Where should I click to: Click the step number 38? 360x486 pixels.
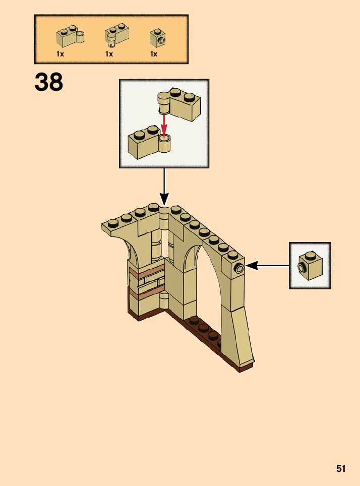49,82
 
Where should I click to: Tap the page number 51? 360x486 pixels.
341,468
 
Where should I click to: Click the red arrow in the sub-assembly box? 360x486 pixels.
163,123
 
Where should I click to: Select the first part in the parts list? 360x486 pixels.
69,36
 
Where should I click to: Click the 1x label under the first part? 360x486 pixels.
60,54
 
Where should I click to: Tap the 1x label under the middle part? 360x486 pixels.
109,54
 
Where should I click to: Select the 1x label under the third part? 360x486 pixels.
153,54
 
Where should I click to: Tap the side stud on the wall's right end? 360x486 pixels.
238,268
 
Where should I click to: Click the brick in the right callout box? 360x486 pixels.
310,266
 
